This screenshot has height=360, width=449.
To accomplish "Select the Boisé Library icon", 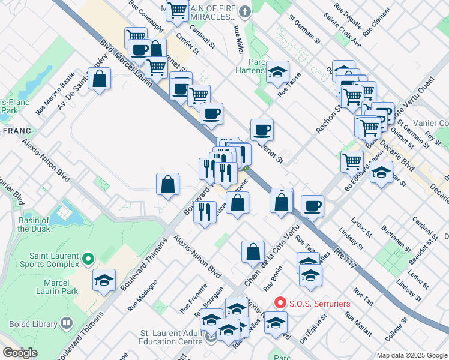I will [x=66, y=323].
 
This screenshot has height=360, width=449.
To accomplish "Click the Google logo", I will [x=20, y=353].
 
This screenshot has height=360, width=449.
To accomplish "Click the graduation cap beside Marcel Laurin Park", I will [x=104, y=280].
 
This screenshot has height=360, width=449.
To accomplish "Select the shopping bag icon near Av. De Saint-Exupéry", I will [x=100, y=79].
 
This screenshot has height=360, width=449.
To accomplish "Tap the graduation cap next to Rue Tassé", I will [x=277, y=72].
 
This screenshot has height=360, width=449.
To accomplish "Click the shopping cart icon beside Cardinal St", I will [x=177, y=10].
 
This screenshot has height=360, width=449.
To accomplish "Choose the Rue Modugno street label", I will [x=143, y=295].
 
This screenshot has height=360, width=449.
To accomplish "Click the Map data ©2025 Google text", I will [x=411, y=355].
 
